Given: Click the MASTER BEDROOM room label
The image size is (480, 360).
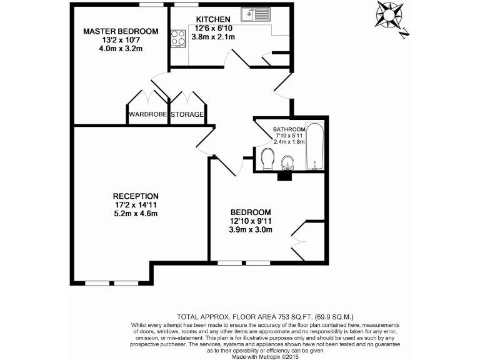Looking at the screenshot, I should tap(121, 31).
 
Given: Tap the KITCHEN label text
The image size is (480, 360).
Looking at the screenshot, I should tap(213, 19).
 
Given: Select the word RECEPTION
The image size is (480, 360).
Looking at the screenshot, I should tap(136, 196).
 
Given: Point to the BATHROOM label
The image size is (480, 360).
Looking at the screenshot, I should tap(289, 131).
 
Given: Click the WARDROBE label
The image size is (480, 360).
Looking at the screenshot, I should tap(147, 115).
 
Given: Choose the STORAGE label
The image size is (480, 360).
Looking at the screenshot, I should tap(187, 115).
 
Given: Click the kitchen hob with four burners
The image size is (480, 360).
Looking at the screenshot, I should tap(178, 38).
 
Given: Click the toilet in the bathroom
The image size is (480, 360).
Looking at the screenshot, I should tap(267, 159).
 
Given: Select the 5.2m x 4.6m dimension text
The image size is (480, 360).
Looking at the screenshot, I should tap(136, 214).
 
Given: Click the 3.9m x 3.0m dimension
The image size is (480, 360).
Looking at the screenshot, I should tap(250, 229).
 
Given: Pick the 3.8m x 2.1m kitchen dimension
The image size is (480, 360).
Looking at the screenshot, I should tap(213, 37).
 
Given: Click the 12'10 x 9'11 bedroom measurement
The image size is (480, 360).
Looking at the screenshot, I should tap(250, 221).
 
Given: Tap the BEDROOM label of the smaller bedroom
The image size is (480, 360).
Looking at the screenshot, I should tap(250, 211).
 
